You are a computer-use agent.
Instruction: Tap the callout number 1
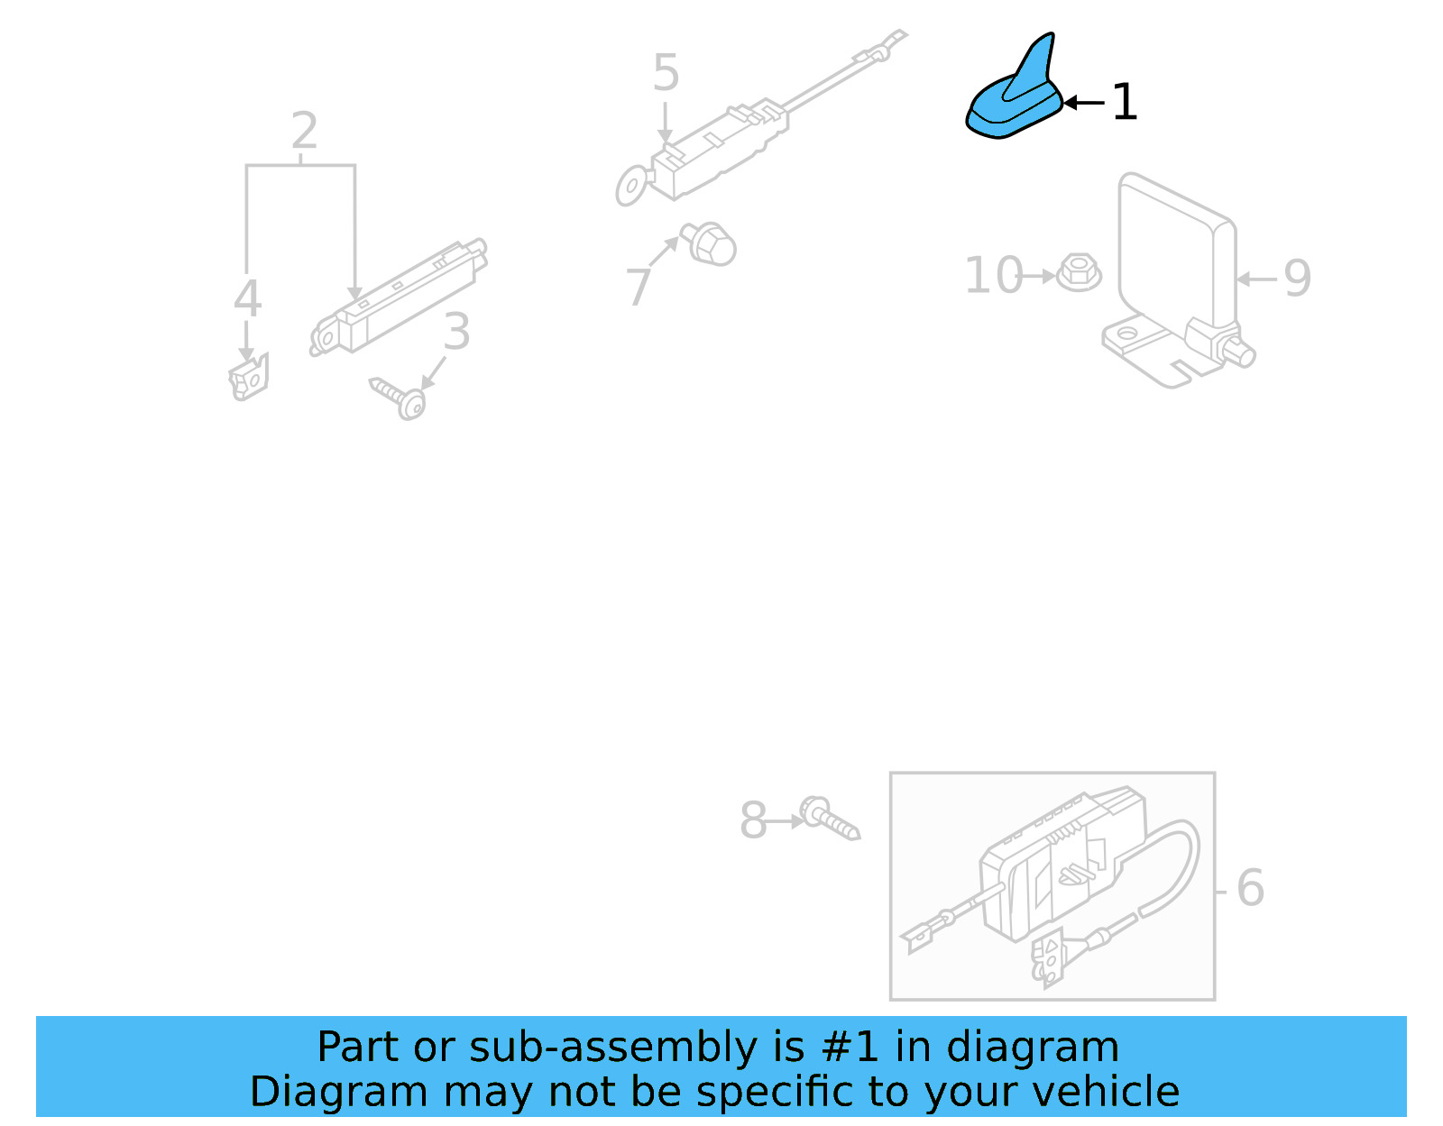(x=1124, y=102)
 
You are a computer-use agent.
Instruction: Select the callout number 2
(x=304, y=132)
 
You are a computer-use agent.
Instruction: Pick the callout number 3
(x=457, y=332)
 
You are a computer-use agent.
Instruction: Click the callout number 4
(x=247, y=299)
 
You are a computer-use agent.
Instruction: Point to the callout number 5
(x=666, y=73)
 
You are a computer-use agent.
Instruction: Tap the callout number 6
(x=1250, y=888)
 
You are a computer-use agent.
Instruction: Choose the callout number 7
(x=639, y=287)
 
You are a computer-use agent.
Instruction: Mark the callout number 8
(x=753, y=820)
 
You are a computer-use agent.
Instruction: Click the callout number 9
(x=1297, y=279)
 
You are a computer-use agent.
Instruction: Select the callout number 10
(x=993, y=276)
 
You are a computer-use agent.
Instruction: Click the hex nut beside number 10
(x=1078, y=272)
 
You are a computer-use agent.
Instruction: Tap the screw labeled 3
(x=400, y=398)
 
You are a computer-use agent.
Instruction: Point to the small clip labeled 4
(x=249, y=379)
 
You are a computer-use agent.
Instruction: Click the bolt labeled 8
(x=828, y=818)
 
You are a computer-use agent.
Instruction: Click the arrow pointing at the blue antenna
(x=1082, y=103)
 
